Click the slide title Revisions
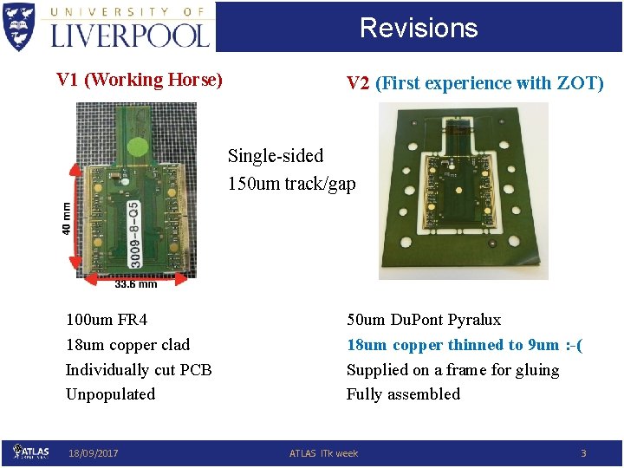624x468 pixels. click(419, 28)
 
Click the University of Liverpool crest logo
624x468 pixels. click(20, 26)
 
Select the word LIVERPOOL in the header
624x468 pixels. click(130, 35)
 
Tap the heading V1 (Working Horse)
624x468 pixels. click(140, 80)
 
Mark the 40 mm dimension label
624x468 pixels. click(67, 218)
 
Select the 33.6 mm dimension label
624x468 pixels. click(136, 284)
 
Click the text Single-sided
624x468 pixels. click(276, 156)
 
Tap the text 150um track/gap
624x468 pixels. click(291, 184)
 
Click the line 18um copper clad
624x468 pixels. click(127, 345)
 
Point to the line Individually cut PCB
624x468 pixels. click(139, 370)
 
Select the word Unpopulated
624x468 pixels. click(110, 394)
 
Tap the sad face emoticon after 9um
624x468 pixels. click(574, 345)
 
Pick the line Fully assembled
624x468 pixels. click(403, 394)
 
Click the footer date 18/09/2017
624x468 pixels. click(94, 453)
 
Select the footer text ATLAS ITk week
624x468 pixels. click(323, 453)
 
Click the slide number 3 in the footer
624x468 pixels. click(583, 453)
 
